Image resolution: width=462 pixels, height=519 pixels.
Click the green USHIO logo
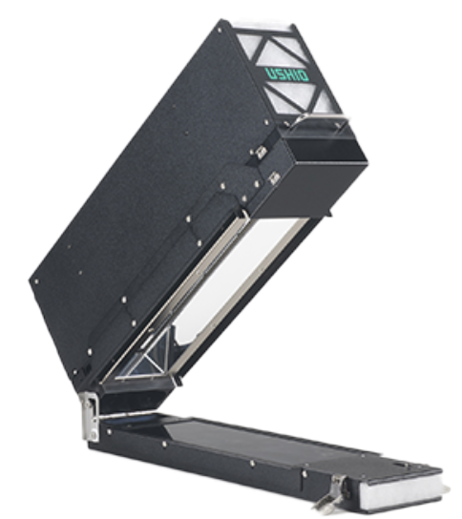286,74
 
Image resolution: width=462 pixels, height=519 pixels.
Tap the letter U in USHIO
270,73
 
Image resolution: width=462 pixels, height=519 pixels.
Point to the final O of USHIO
304,76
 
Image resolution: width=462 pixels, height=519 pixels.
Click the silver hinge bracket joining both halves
90,416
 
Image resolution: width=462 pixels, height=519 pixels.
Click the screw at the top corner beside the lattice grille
220,30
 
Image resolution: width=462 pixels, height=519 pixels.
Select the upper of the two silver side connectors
261,152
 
